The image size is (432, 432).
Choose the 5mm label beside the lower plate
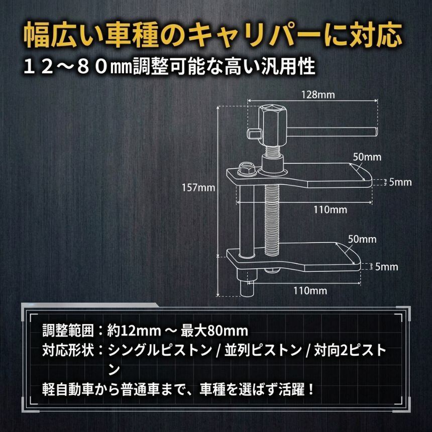[x=387, y=267]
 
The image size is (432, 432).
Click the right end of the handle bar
[x=374, y=132]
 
